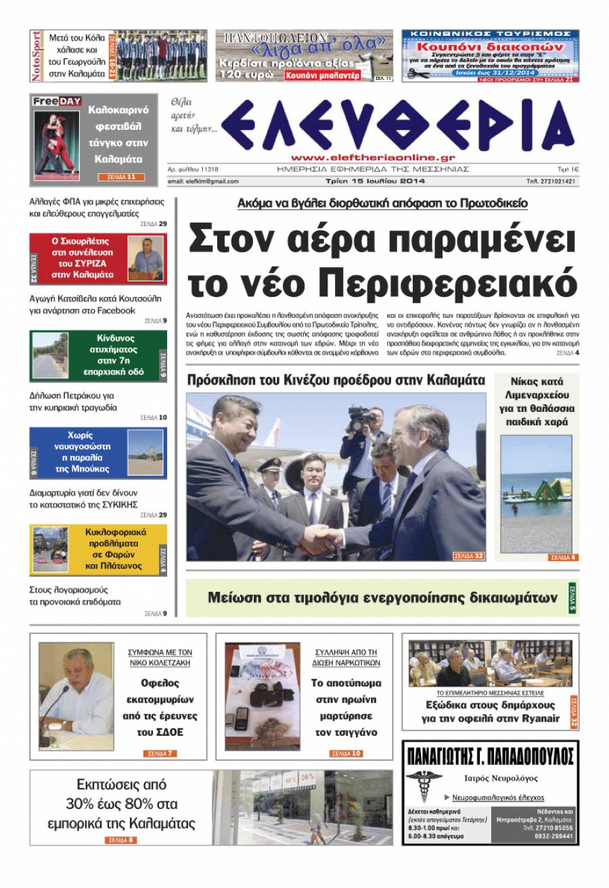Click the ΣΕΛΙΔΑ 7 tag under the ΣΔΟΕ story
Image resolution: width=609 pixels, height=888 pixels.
[160, 753]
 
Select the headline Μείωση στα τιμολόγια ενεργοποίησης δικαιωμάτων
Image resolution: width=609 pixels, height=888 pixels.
[383, 598]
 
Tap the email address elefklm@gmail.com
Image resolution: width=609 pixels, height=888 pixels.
[203, 181]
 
